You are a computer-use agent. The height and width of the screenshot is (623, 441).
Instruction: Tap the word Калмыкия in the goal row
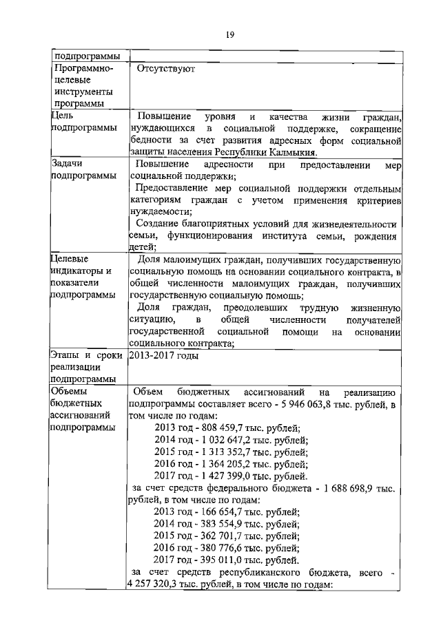tap(292, 152)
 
